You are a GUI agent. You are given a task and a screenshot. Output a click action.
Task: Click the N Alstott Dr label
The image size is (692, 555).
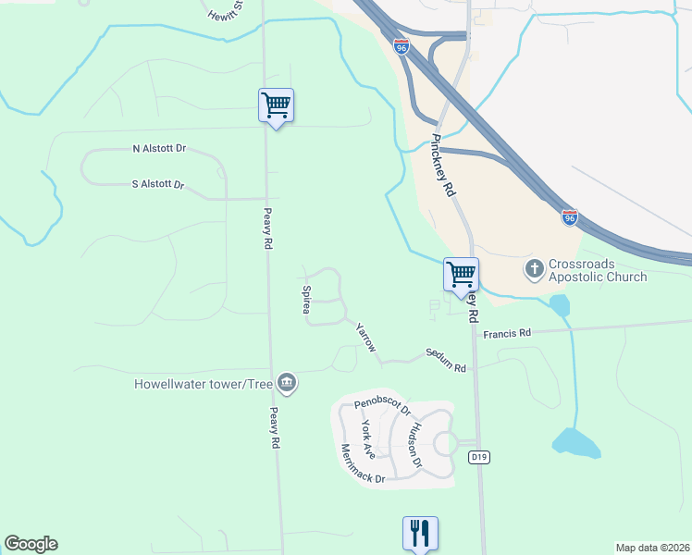[160, 148]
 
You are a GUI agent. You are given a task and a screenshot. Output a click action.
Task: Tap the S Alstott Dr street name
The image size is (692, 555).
[159, 184]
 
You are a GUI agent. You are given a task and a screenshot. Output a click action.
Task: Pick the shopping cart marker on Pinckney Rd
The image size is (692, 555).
[461, 274]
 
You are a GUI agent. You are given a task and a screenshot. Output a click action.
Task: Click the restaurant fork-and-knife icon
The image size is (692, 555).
[420, 533]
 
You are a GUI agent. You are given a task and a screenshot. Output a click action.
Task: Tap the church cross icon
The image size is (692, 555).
[534, 269]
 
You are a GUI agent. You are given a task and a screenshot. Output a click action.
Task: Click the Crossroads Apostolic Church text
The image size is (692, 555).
[598, 270]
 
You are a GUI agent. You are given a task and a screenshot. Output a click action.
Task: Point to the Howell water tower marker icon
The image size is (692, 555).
[287, 383]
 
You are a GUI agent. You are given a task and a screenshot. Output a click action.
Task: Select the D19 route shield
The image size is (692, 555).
[478, 457]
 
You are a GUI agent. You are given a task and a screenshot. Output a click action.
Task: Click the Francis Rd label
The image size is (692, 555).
[512, 332]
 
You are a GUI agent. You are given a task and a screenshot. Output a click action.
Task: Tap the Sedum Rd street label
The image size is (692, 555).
[446, 361]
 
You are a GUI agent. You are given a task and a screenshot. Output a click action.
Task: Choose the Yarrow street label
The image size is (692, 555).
[366, 337]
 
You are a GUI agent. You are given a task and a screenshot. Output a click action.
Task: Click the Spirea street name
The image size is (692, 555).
[306, 300]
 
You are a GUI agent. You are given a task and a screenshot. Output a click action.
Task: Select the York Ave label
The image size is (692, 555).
[368, 439]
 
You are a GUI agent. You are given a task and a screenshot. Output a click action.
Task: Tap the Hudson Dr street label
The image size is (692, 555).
[416, 444]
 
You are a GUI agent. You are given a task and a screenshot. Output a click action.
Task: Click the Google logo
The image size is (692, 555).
[31, 544]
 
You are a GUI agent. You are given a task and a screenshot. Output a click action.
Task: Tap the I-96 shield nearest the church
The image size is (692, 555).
[570, 217]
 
